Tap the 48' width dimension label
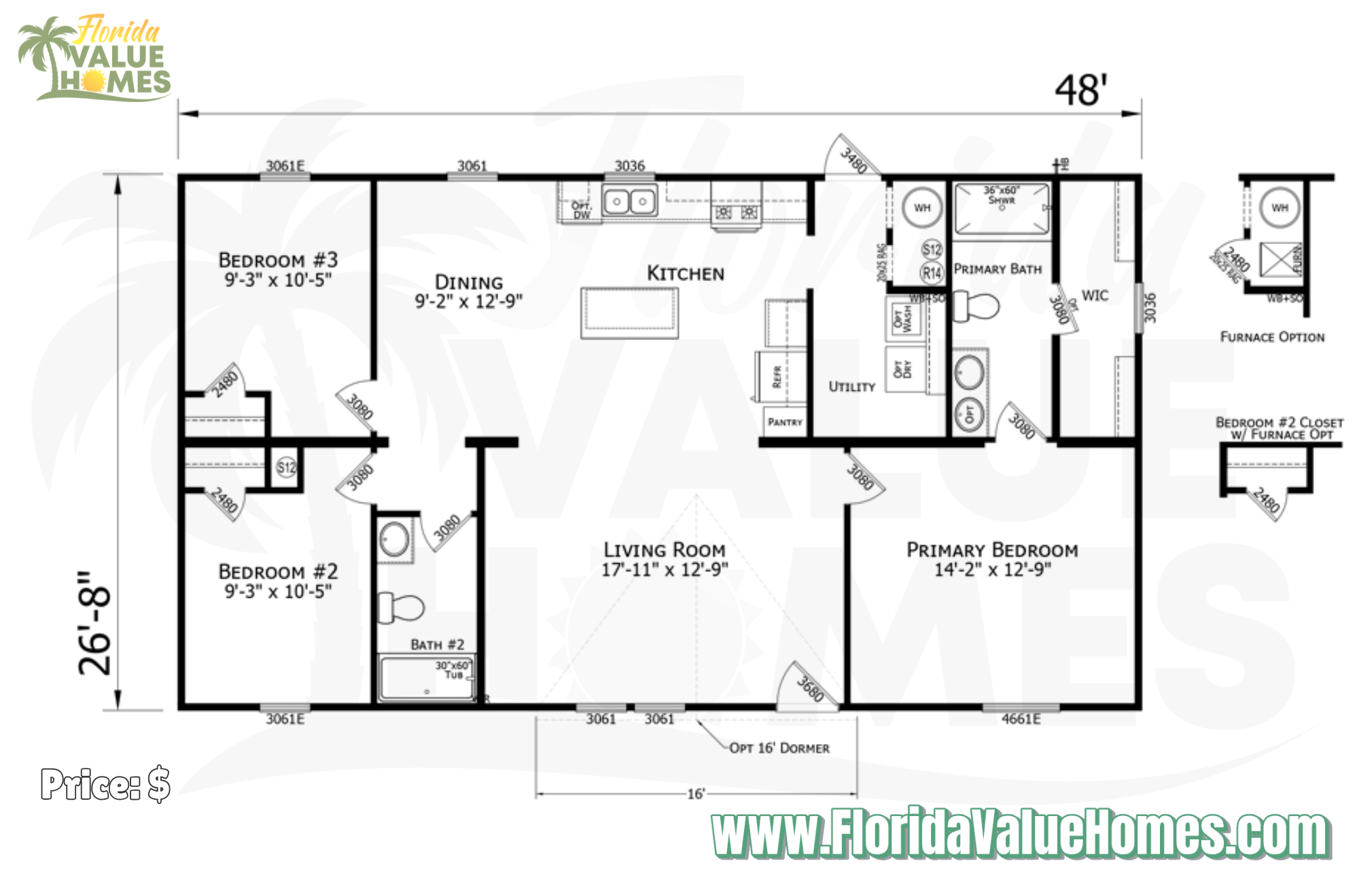1080,90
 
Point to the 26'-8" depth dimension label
95,622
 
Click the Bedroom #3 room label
278,269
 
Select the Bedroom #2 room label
278,581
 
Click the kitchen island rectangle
629,313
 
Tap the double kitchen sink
629,201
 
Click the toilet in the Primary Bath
976,306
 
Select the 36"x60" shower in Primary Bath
1002,209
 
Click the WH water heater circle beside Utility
921,207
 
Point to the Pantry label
785,422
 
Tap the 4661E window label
1021,719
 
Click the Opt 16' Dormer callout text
779,748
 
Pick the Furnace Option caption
1272,337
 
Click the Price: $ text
105,784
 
